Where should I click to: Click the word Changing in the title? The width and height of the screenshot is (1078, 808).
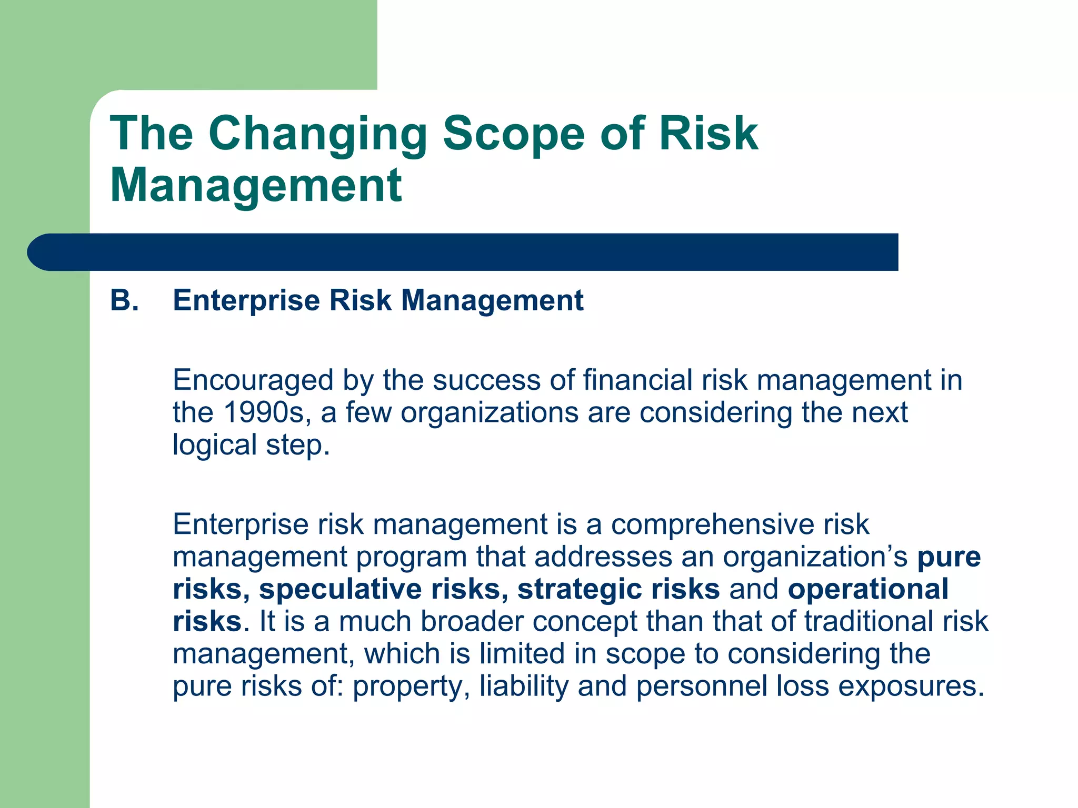(318, 134)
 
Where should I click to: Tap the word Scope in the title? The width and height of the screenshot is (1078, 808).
(513, 134)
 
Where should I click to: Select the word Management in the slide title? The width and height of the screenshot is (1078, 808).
(256, 185)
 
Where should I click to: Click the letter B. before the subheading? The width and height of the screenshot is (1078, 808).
(124, 301)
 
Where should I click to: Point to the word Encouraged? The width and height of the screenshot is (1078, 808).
(253, 380)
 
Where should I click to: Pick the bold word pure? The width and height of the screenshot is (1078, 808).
(949, 557)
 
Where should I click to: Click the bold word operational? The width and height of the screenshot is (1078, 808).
(868, 589)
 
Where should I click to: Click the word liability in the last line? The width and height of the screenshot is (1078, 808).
(524, 686)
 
